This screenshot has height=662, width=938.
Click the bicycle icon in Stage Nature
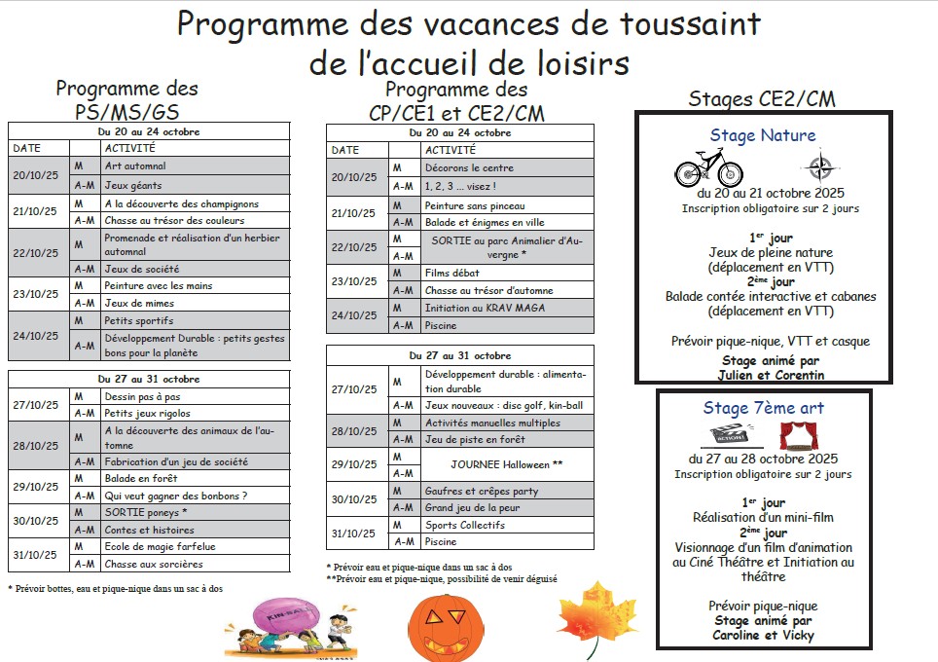point(709,166)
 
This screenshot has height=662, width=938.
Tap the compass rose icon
point(819,165)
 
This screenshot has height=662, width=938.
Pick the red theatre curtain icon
point(799,435)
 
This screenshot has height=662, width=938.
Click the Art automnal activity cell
point(195,166)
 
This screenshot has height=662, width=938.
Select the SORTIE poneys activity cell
point(195,512)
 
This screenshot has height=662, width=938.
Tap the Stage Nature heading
point(762,135)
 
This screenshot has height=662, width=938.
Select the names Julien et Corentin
point(756,375)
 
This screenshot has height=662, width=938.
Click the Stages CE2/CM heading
point(762,98)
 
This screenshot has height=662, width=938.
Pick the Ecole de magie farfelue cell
point(195,546)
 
